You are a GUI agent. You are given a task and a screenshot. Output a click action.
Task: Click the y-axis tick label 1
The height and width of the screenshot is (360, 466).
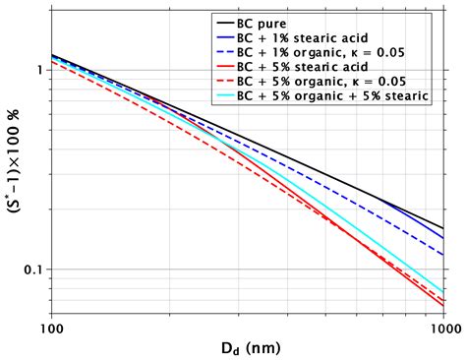[x=37, y=71]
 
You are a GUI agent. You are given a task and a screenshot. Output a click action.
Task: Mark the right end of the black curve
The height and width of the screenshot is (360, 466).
[x=444, y=228]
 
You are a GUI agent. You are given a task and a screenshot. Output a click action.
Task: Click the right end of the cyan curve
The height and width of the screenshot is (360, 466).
[x=444, y=292]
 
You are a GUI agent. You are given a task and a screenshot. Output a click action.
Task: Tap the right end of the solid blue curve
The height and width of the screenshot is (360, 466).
[x=444, y=238]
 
